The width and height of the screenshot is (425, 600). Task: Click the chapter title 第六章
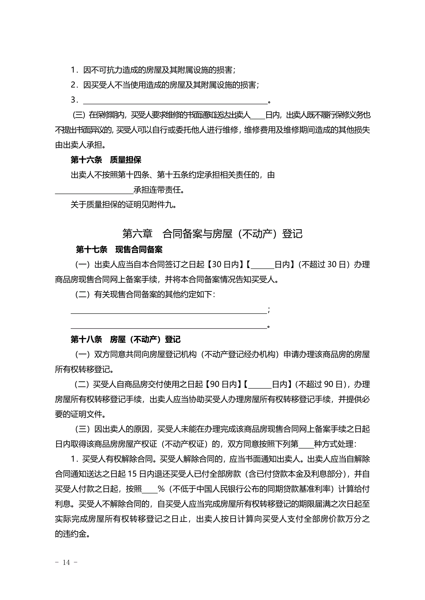(x=137, y=234)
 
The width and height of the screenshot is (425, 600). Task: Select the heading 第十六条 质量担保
(x=106, y=160)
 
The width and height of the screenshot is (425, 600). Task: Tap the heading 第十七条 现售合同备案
(x=119, y=249)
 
